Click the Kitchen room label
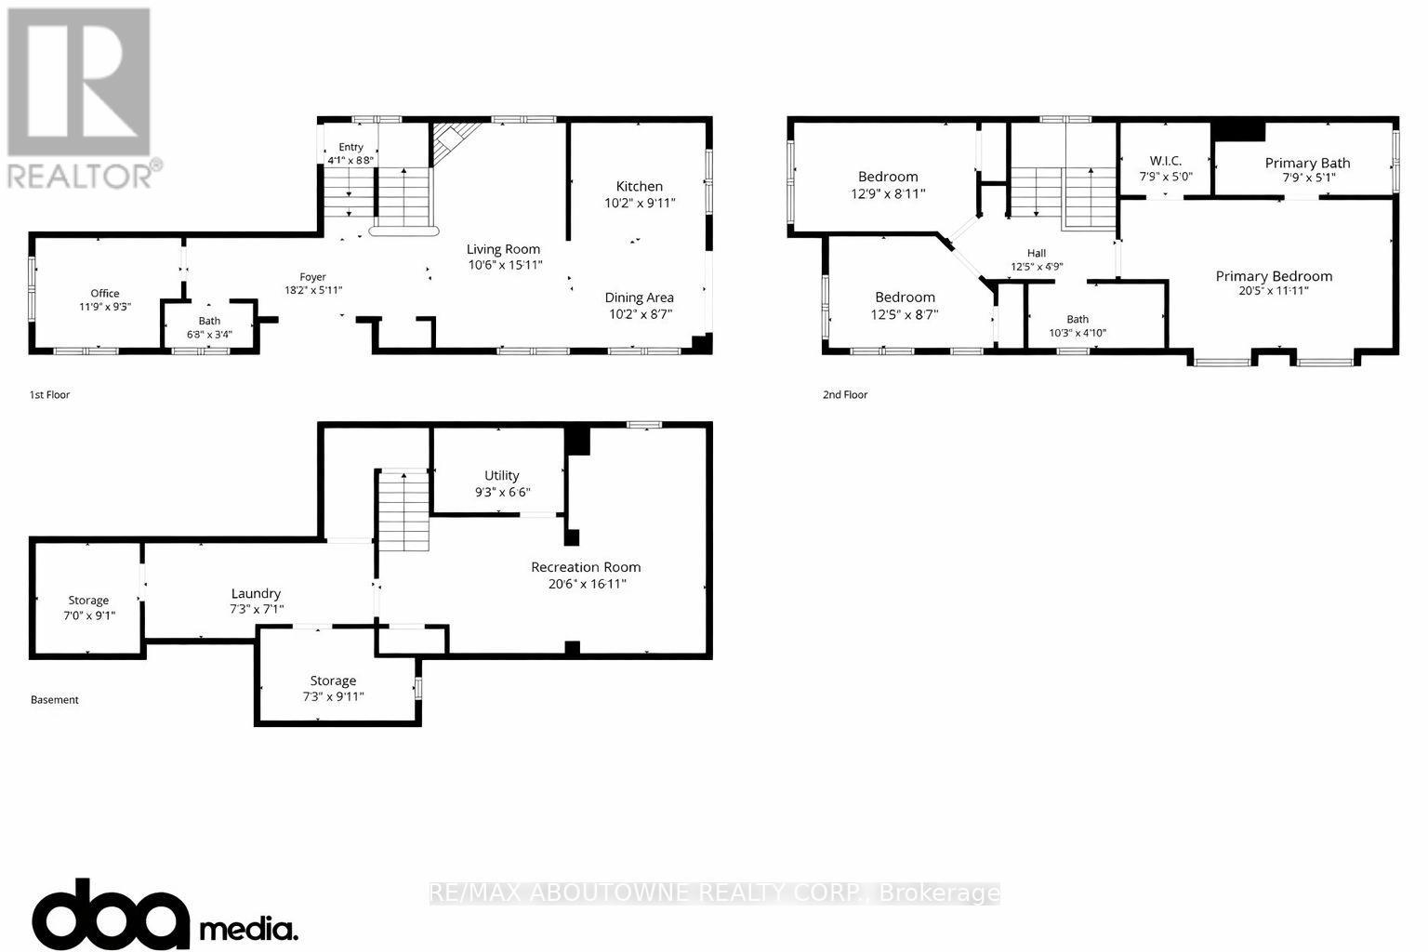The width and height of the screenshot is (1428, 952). [639, 186]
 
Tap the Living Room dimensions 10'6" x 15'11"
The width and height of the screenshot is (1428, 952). [503, 265]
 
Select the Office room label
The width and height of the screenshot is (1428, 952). [105, 294]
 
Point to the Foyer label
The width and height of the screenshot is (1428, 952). [312, 277]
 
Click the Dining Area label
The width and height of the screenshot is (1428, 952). [639, 297]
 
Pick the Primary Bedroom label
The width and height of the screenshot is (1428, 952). [1274, 276]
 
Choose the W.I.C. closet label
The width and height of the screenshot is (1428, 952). [1165, 161]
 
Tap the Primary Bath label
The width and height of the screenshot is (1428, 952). [1307, 163]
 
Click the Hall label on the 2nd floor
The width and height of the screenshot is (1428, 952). [1037, 253]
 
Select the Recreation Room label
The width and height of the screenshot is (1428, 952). [586, 567]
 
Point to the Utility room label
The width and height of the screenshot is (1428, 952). [501, 475]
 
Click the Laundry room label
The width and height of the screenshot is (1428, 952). [256, 593]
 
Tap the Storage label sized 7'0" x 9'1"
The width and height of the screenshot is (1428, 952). [88, 601]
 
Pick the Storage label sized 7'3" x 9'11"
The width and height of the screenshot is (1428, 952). [333, 681]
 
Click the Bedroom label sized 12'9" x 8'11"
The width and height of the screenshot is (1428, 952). [888, 177]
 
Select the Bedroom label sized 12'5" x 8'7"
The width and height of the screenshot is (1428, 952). [905, 297]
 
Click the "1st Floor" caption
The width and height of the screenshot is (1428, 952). [49, 394]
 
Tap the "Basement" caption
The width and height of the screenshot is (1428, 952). [55, 699]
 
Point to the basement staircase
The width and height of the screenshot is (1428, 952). [403, 511]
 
